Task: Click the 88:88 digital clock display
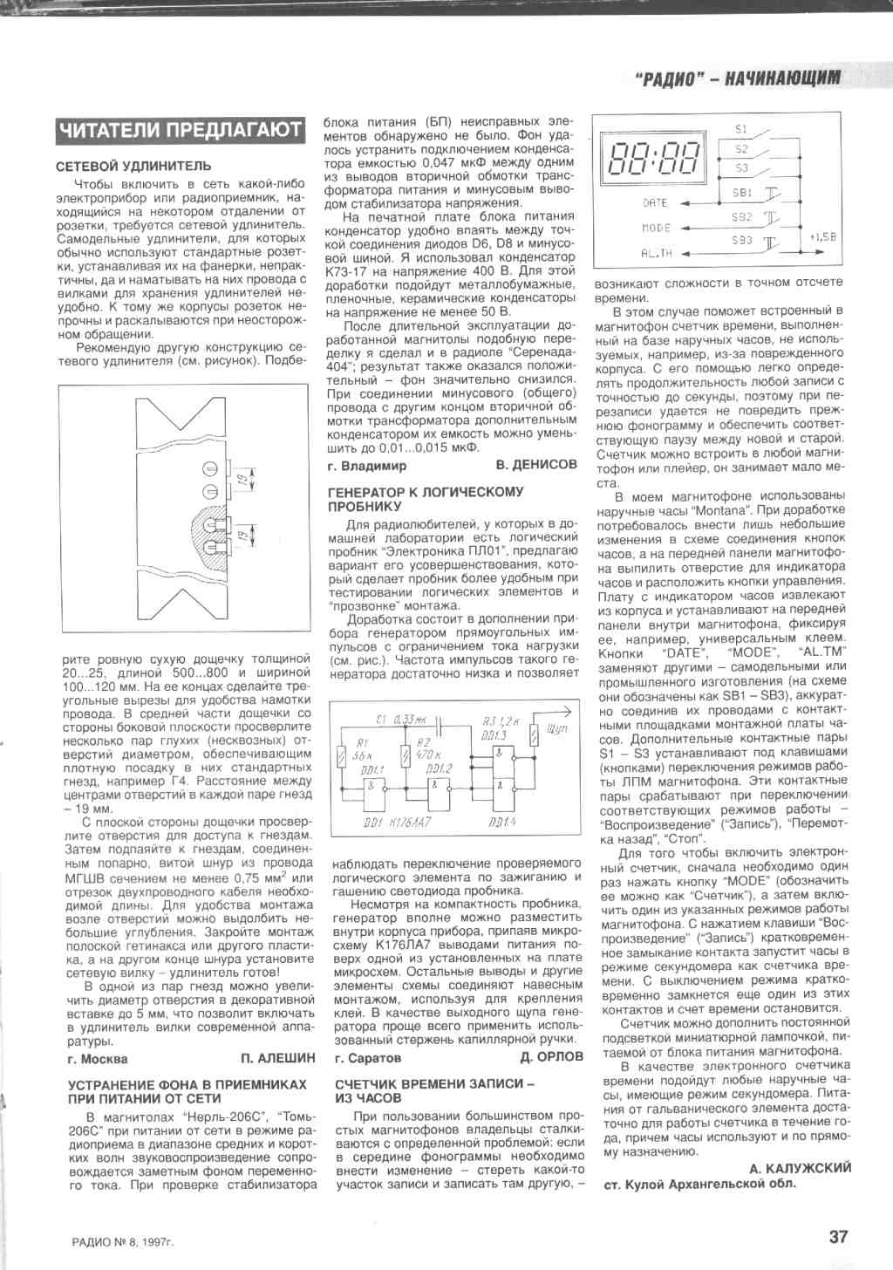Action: tap(655, 159)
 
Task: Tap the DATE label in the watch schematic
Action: tap(654, 202)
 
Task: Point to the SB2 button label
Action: tap(742, 217)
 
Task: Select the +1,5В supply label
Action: tap(821, 236)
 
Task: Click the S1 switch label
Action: tap(741, 129)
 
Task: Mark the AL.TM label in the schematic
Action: tap(657, 253)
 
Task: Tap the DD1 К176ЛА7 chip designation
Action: tap(397, 823)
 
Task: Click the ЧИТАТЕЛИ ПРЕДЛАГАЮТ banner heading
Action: tap(180, 131)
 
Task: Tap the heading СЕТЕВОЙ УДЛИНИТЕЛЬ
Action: tap(133, 166)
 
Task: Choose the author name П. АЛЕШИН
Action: tap(277, 1058)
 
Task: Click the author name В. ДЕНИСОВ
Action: tap(536, 465)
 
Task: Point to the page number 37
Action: tap(838, 1236)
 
